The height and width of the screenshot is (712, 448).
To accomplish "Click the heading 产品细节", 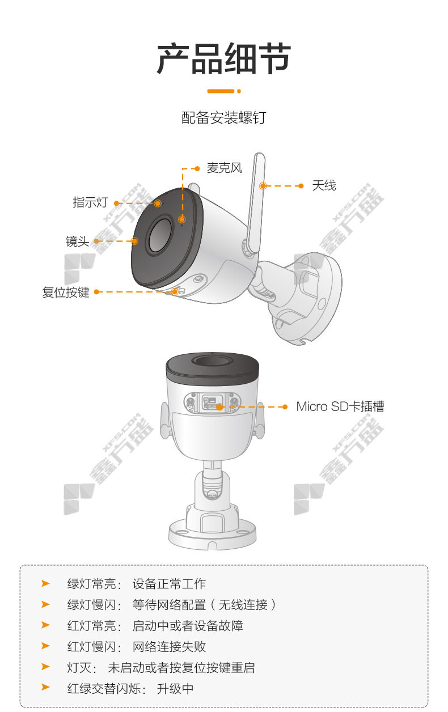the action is pos(224,59).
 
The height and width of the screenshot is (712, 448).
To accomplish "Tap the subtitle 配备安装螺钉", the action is pos(224,118).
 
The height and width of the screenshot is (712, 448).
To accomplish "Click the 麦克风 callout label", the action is pos(225,168).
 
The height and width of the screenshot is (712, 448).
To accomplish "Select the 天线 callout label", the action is pos(324,185).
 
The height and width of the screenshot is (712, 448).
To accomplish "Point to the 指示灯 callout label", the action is pos(91,202).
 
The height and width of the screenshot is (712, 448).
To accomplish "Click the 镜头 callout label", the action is pos(78,241).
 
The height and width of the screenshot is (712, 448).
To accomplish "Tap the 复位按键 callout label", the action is pos(66,292).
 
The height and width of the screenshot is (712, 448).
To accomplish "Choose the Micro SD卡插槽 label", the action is pos(340,406).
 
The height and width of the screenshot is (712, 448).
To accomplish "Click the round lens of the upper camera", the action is pos(159,235).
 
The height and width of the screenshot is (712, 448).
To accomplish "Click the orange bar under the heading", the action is pos(224,91).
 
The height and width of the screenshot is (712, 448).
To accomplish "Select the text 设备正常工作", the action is pos(169,584).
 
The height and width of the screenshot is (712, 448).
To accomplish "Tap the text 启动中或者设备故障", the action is pos(188,626).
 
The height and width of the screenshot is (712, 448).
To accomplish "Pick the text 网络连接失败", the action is pos(169,647).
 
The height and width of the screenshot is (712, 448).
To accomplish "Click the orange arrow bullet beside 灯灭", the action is pos(45,667).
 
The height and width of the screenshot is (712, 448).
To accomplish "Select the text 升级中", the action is pos(175,689).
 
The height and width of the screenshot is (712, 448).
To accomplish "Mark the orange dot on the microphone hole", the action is pos(182,219).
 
